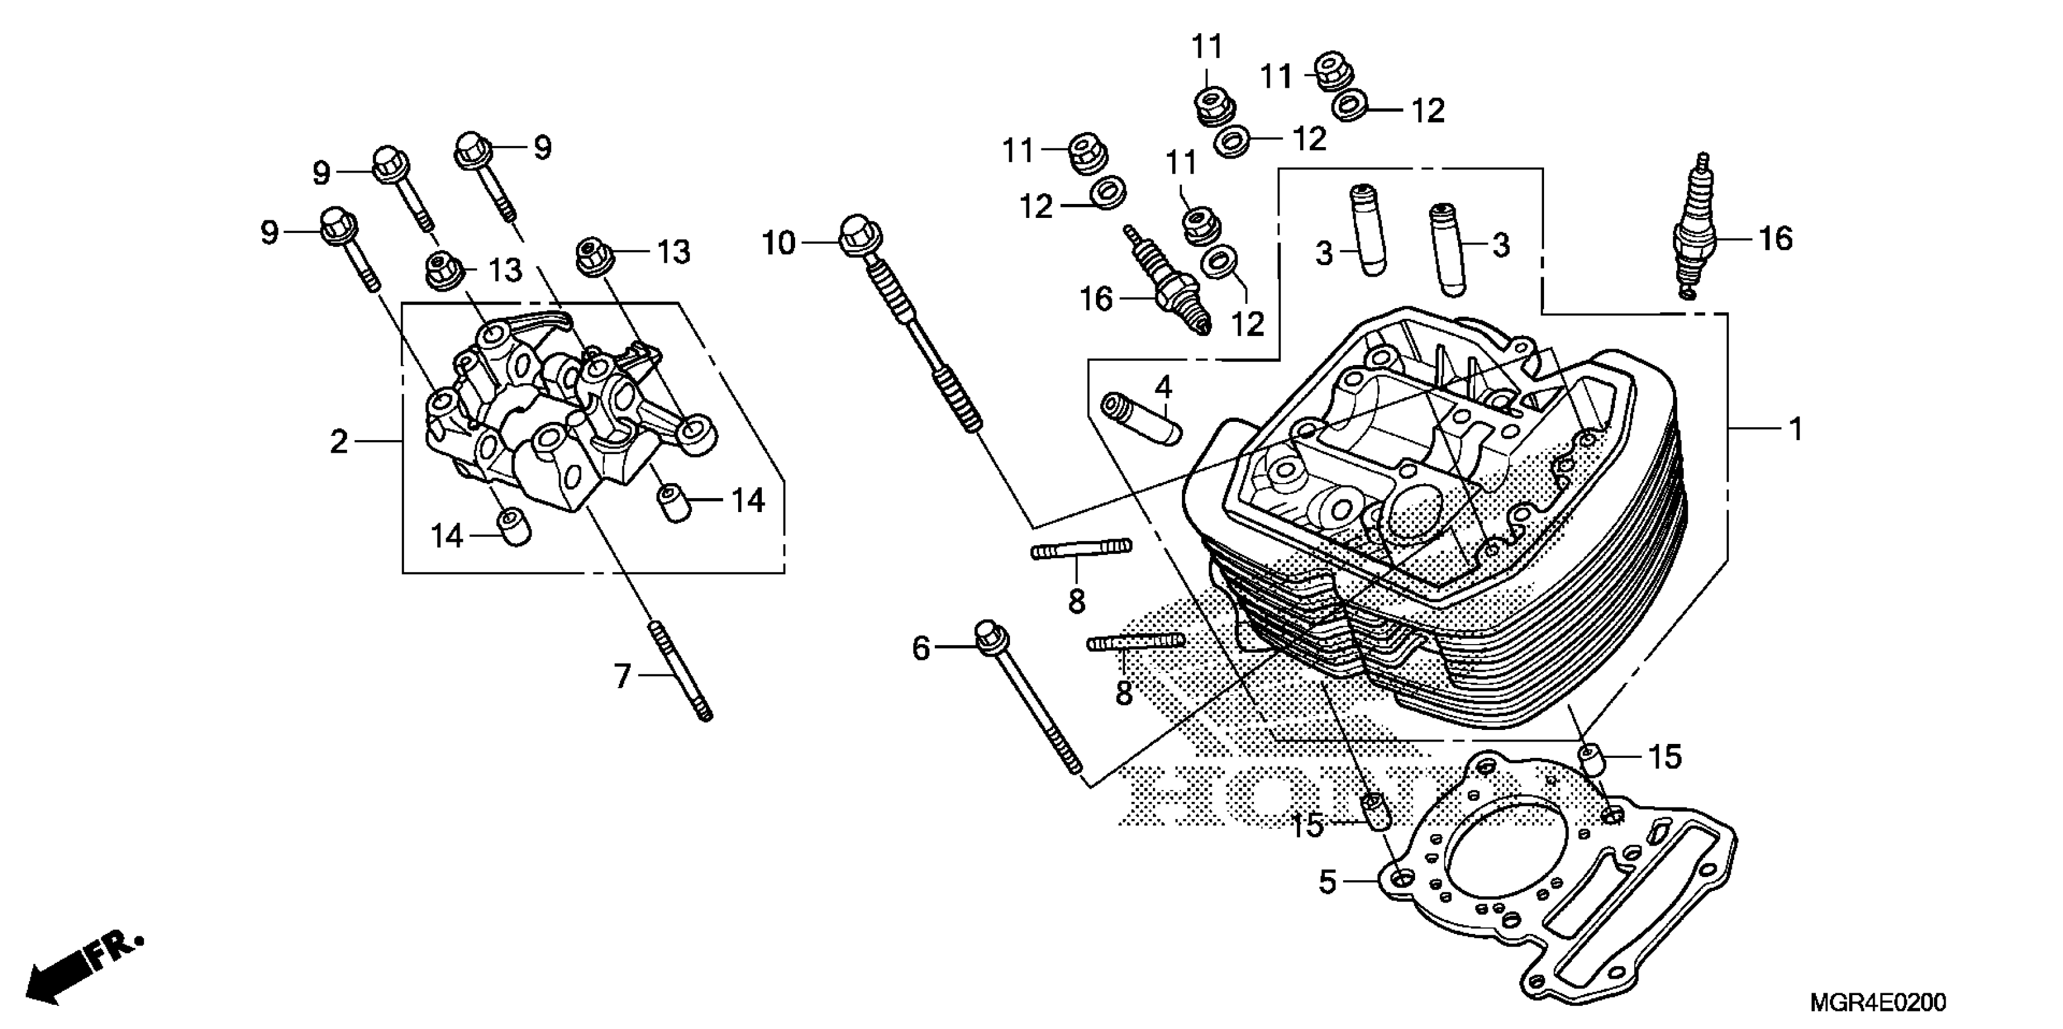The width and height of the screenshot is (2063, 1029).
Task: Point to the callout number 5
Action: pyautogui.click(x=1328, y=883)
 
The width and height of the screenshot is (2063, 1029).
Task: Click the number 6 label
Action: pyautogui.click(x=922, y=648)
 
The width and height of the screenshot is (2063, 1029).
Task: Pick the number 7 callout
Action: pyautogui.click(x=623, y=677)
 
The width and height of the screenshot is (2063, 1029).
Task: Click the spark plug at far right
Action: pyautogui.click(x=1694, y=232)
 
